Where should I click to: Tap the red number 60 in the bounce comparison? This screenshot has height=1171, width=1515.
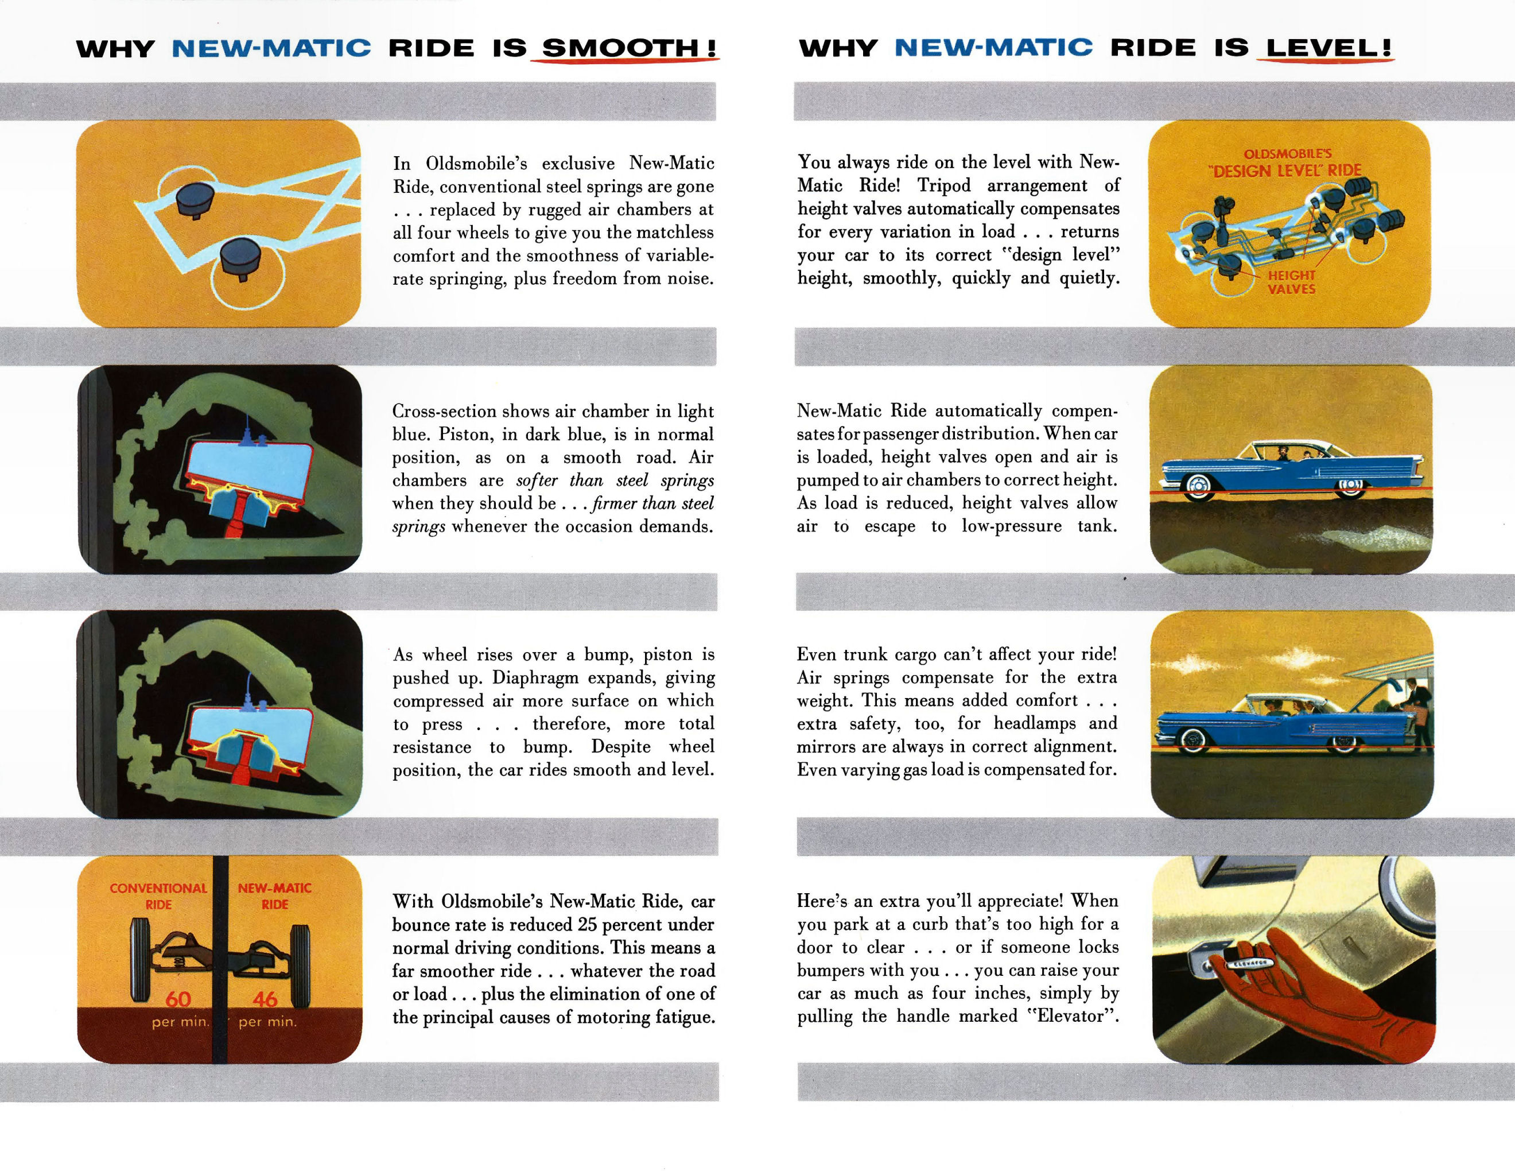point(178,999)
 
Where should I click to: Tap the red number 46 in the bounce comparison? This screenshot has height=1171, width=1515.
point(266,999)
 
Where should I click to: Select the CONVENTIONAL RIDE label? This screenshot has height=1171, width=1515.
point(158,896)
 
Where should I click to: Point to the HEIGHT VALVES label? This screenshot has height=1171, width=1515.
point(1292,282)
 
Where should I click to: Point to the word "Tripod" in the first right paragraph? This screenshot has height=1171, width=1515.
point(944,185)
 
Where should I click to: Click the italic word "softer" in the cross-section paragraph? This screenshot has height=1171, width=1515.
point(537,480)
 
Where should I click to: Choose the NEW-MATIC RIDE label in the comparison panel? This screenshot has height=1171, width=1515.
point(275,896)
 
